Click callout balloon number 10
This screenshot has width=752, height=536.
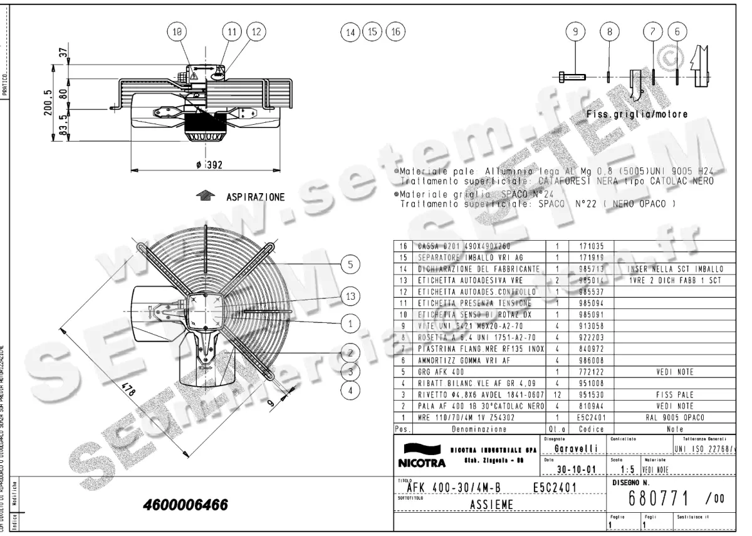coord(178,31)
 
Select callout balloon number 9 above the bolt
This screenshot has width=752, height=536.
coord(575,31)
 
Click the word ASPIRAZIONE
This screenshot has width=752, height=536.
coord(255,197)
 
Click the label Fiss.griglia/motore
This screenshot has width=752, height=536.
coord(637,115)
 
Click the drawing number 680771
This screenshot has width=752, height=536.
coord(661,498)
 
